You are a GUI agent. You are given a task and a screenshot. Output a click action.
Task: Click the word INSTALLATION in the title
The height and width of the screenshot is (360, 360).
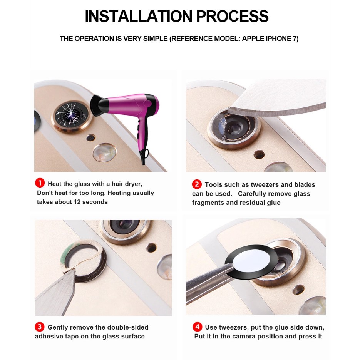coord(139,16)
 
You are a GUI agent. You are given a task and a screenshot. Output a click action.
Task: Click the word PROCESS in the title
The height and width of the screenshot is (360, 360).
coord(232,16)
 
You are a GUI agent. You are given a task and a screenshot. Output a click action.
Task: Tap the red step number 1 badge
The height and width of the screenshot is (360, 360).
coord(40,183)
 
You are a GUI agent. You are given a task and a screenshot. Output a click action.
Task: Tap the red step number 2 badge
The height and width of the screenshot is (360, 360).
coord(197,184)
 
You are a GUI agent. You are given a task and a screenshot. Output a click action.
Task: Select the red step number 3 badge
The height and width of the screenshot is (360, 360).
coord(40,327)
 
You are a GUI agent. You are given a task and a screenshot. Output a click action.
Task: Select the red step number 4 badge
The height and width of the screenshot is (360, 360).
coord(197,327)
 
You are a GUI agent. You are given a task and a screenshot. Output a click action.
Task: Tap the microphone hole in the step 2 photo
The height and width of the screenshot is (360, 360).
coord(259,154)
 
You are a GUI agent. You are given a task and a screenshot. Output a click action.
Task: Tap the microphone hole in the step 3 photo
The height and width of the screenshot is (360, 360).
coord(151,248)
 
